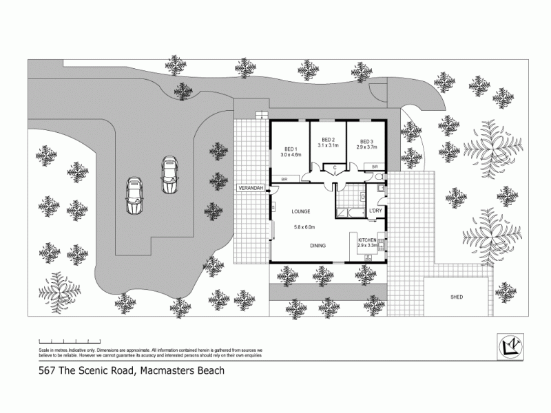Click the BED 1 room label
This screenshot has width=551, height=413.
(289, 149)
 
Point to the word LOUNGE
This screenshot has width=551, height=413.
(300, 211)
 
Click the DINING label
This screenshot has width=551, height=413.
(317, 246)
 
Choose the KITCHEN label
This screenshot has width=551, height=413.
(368, 240)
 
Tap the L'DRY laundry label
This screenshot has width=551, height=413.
(376, 211)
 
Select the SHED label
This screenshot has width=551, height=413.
(456, 297)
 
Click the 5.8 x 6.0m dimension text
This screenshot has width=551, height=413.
(304, 227)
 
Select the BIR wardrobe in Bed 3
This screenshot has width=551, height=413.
(375, 167)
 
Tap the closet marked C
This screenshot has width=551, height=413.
(334, 167)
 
